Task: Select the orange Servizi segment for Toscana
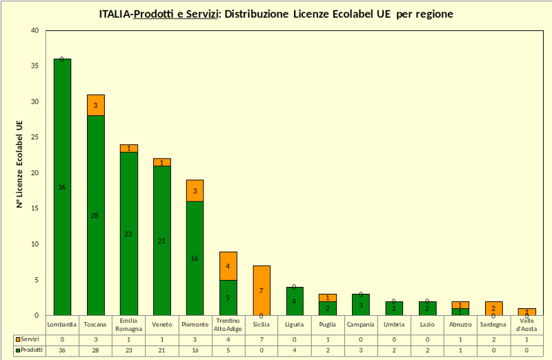pos(95,105)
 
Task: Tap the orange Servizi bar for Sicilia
pos(262,290)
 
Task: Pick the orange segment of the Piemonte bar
pos(195,190)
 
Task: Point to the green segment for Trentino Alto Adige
pos(228,297)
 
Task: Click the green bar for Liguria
pos(295,301)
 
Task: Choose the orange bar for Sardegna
pos(494,308)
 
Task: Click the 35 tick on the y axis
pos(34,66)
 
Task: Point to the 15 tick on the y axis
pos(34,208)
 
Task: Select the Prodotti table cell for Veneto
pos(161,350)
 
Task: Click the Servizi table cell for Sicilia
pos(262,340)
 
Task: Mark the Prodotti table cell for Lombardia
pos(62,350)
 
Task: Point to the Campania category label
pos(361,324)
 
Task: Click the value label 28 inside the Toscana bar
pos(95,216)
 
